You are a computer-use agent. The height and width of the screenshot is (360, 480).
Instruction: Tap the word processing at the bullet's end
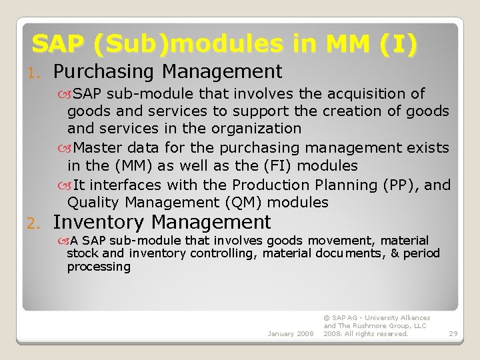[x=99, y=267]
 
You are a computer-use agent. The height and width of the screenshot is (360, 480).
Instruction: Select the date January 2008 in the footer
[x=290, y=333]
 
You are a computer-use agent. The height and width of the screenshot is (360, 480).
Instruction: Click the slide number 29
[x=453, y=333]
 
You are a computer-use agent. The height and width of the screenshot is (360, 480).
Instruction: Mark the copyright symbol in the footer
[x=326, y=318]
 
